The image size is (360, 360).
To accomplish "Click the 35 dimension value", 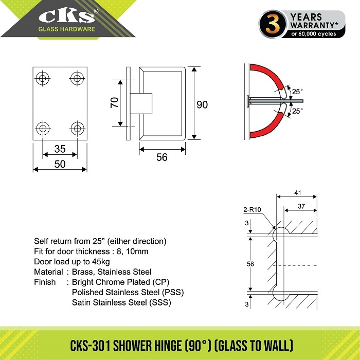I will point(60,149).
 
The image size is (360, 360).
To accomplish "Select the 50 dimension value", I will point(60,164).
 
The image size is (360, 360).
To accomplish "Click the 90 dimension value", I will point(202,104).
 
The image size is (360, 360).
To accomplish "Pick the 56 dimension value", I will point(162,157).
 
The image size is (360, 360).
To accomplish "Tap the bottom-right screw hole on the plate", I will point(78,127).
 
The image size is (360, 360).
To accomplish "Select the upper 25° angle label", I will point(297,92).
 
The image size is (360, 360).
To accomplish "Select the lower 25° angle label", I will point(297,111).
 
